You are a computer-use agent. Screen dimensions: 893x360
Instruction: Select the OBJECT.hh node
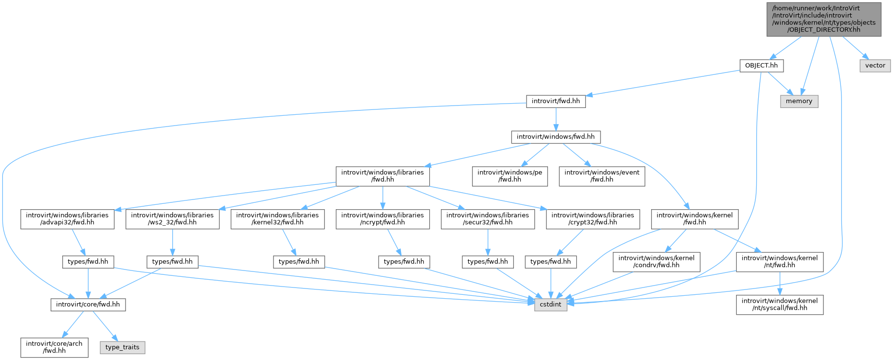click(x=761, y=65)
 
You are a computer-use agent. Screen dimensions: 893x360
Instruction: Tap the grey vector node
click(x=875, y=65)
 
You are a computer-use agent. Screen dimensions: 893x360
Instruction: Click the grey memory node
click(x=799, y=101)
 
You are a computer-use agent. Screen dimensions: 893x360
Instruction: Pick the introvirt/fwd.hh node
click(x=556, y=101)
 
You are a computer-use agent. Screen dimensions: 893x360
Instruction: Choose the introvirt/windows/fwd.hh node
click(x=556, y=137)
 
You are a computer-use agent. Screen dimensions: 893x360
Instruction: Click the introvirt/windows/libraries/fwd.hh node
click(x=383, y=176)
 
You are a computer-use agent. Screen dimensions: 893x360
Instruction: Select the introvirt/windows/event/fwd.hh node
click(x=602, y=176)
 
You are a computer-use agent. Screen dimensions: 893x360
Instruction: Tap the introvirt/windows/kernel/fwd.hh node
click(x=694, y=219)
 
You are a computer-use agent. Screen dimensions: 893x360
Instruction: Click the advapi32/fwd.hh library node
click(x=67, y=219)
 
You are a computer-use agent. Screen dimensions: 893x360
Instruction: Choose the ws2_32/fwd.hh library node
click(x=172, y=219)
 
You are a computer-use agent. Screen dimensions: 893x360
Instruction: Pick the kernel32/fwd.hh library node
click(x=277, y=219)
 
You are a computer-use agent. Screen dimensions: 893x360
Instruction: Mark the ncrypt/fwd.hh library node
click(x=383, y=219)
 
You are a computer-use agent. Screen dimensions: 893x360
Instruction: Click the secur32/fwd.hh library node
click(x=488, y=219)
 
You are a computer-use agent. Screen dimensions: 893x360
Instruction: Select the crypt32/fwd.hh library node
click(x=593, y=219)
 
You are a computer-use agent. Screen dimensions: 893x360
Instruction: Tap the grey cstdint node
click(x=551, y=305)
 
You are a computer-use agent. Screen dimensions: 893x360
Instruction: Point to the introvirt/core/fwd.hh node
click(x=88, y=305)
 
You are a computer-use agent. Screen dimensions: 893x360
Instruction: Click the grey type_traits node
click(x=123, y=347)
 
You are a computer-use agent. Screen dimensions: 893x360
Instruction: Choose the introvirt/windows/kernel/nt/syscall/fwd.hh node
click(x=780, y=305)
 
